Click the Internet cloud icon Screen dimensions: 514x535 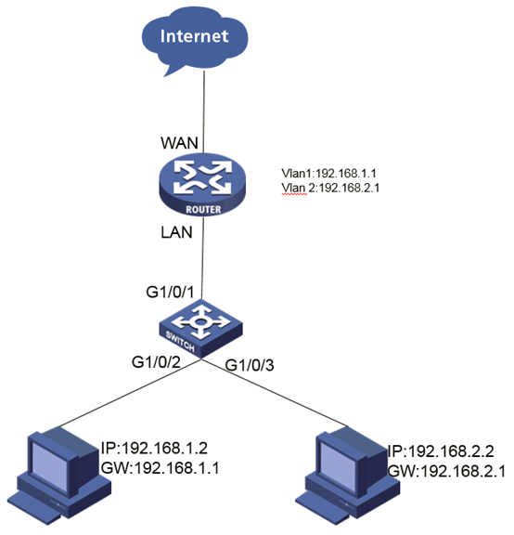coord(195,40)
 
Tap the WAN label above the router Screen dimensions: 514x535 coord(179,143)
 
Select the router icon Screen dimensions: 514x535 coord(202,184)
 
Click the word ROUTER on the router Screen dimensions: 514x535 coord(203,209)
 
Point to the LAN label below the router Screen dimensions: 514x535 coord(176,232)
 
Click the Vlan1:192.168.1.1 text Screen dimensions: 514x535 coord(329,174)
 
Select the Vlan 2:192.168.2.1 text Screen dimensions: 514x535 coord(330,188)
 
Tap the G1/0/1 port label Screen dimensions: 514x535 coord(170,293)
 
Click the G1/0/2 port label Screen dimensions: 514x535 coord(156,362)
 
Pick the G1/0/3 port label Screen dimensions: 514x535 coord(250,365)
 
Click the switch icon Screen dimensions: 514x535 coord(200,328)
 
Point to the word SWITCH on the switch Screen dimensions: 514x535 coord(180,342)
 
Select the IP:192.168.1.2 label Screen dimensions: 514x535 coord(154,448)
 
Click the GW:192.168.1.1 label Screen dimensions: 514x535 coord(160,468)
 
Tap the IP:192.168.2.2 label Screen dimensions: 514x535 coord(441,451)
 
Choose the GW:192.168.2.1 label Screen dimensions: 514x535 coord(446,472)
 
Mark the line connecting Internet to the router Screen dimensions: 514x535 coord(204,111)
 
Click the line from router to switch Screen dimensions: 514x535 coord(203,257)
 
